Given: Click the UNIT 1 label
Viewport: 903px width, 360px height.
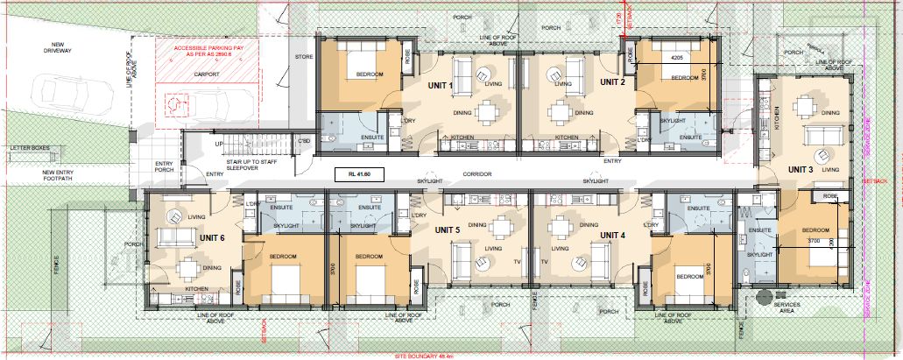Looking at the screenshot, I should pos(439,85).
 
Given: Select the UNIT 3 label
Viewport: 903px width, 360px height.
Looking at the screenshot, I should pos(801,169).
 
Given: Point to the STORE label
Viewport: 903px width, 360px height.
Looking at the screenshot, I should pos(303,57).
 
